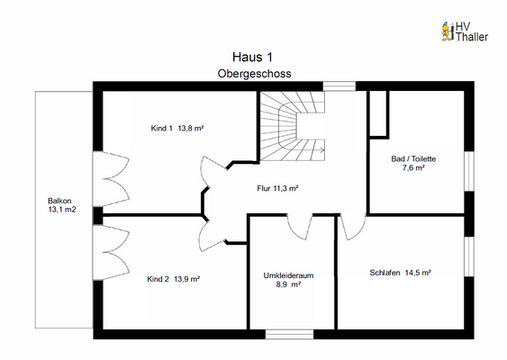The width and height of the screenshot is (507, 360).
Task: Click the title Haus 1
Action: [x=252, y=58]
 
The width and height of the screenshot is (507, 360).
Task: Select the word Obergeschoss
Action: [x=254, y=74]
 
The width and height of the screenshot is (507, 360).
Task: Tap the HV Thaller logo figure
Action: [x=448, y=31]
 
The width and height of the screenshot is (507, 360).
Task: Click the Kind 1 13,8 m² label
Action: [x=177, y=129]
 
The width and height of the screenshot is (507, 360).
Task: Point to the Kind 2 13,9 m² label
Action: [x=173, y=279]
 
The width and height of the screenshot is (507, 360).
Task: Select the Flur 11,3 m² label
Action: [x=277, y=188]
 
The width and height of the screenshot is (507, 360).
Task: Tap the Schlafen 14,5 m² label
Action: [x=401, y=273]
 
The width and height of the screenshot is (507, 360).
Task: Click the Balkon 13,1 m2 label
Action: [x=62, y=205]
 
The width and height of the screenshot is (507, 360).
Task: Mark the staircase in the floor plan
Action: [x=293, y=126]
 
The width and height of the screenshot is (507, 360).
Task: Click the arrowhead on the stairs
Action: [x=322, y=149]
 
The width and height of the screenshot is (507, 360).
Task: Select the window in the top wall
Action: [x=340, y=86]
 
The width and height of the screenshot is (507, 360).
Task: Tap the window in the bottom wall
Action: [x=289, y=335]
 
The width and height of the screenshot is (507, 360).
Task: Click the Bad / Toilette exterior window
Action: [x=469, y=171]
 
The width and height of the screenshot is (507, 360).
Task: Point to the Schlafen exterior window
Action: [x=469, y=256]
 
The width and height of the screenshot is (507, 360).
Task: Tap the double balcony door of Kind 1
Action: [x=112, y=179]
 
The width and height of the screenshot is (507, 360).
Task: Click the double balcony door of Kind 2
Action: [x=112, y=252]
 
